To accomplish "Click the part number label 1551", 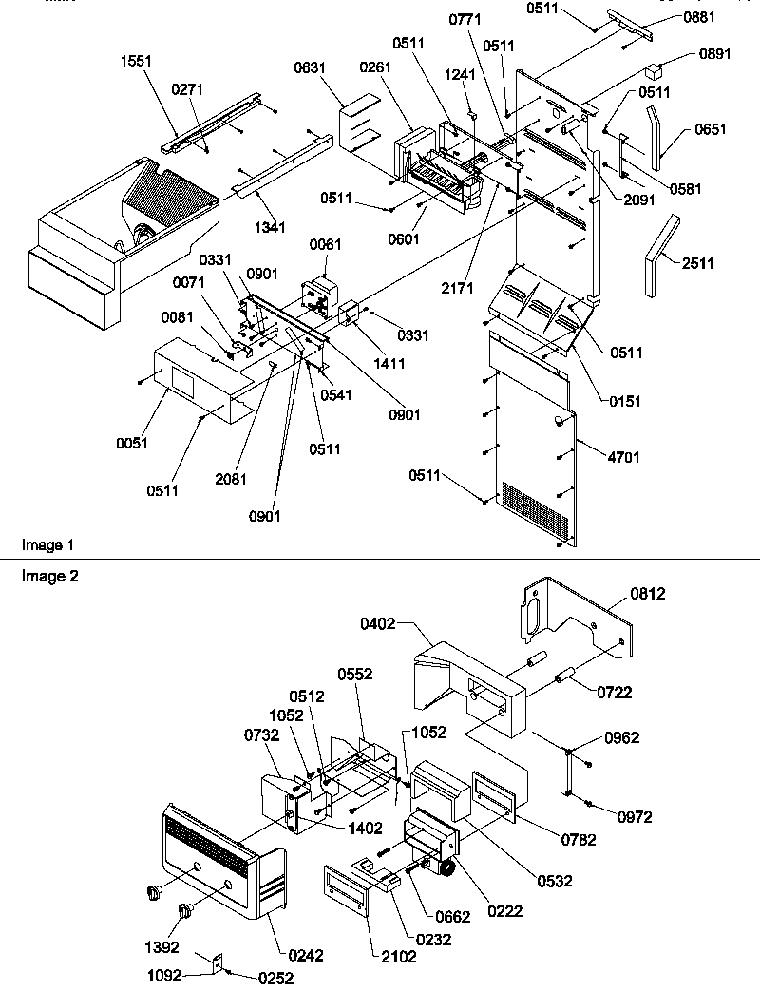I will pyautogui.click(x=135, y=60).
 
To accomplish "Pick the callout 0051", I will pyautogui.click(x=133, y=444).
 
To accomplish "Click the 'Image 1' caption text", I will pyautogui.click(x=47, y=545).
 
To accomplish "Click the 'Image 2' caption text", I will pyautogui.click(x=47, y=576).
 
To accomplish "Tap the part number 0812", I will pyautogui.click(x=646, y=594).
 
